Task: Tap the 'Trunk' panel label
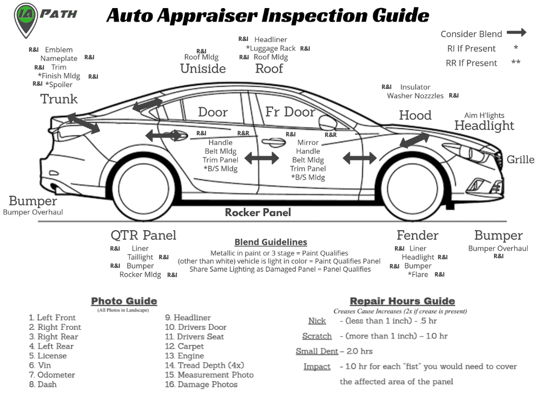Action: click(59, 99)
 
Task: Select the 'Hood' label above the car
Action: click(415, 115)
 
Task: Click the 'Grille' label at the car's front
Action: click(520, 160)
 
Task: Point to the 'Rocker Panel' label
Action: click(258, 212)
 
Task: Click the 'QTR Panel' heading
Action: click(143, 235)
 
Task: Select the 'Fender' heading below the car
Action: click(417, 235)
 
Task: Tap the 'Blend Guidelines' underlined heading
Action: click(271, 242)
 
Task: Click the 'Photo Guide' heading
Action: click(124, 301)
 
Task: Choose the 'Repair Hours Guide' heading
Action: click(402, 301)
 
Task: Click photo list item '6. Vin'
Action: click(40, 365)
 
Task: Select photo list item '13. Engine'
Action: click(184, 356)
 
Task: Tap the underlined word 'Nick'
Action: click(317, 321)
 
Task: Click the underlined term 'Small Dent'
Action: click(317, 351)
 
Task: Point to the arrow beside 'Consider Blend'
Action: click(516, 33)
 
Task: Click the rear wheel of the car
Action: click(143, 186)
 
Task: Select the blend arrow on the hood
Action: click(414, 140)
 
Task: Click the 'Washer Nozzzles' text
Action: click(415, 96)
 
